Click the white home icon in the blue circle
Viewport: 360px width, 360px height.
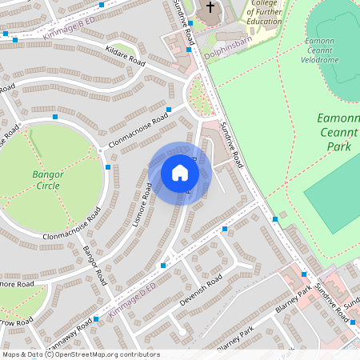click(180, 173)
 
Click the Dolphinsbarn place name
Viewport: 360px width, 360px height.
click(228, 56)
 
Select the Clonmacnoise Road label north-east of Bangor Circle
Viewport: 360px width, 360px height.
click(138, 128)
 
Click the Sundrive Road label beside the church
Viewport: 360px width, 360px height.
click(184, 22)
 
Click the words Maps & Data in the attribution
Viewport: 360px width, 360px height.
click(22, 354)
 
